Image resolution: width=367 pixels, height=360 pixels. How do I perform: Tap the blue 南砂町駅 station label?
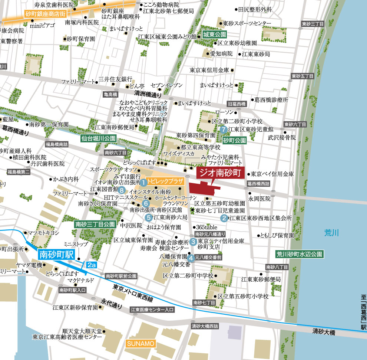point(56,255)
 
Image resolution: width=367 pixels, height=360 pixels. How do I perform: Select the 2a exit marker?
point(92,265)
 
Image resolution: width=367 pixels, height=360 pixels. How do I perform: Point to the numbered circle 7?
point(223,130)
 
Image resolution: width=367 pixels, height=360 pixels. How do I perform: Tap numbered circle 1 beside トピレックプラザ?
point(143,182)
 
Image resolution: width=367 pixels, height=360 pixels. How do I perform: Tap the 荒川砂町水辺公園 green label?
point(300,254)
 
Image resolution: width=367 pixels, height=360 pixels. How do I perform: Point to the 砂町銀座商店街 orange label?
point(46,14)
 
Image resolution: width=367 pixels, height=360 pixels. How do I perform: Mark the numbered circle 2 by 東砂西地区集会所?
point(224,218)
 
